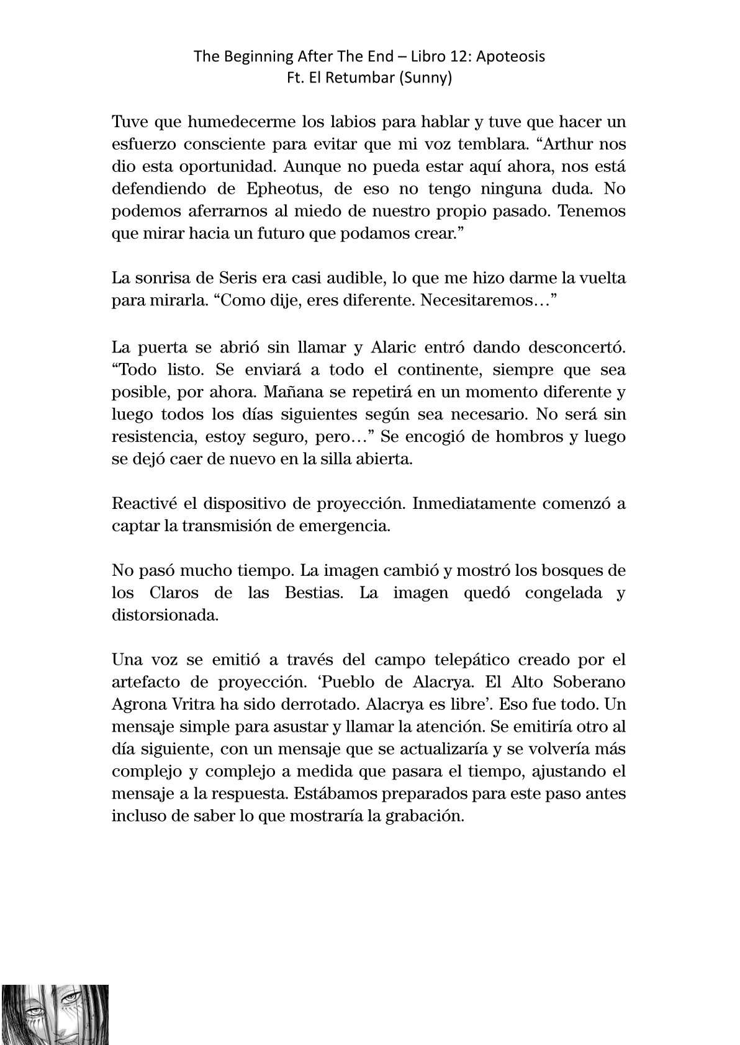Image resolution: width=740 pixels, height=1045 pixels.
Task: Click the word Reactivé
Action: pos(143,503)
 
